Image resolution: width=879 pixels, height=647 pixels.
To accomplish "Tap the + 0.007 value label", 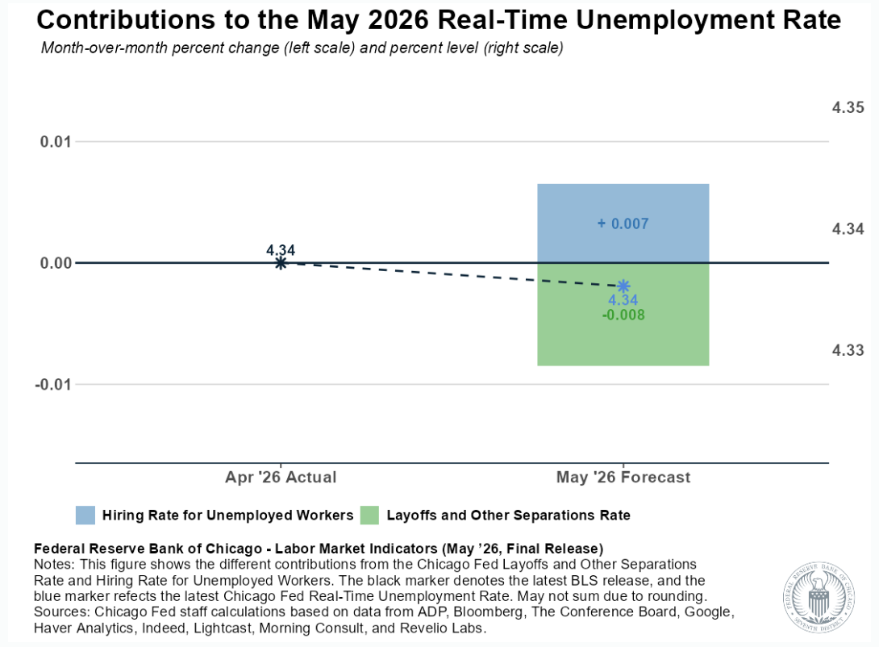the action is click(x=623, y=223).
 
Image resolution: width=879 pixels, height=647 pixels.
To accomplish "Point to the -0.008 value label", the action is click(x=623, y=315).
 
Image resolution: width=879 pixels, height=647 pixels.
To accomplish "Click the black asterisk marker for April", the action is click(x=281, y=262).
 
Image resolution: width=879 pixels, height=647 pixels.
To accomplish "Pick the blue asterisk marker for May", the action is click(x=623, y=286).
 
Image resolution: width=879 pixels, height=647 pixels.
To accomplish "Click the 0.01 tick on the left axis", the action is click(x=56, y=141).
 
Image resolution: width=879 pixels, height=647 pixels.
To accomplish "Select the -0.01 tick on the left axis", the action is click(x=52, y=385).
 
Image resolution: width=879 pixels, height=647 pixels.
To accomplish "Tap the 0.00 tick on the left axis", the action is click(x=56, y=263).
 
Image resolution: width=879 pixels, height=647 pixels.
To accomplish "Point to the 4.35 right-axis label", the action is click(x=848, y=107).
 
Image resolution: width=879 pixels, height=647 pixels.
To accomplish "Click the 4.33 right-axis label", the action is click(x=848, y=350).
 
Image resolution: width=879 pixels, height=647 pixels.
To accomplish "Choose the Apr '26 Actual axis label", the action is click(x=281, y=477).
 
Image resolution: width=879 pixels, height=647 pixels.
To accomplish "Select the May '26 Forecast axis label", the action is click(x=623, y=477).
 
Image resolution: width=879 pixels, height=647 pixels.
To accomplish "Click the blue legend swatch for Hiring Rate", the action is click(x=85, y=516).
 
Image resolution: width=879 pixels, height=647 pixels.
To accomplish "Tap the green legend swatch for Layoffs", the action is click(x=369, y=516).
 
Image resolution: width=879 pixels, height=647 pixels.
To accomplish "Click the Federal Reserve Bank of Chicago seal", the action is click(x=819, y=598).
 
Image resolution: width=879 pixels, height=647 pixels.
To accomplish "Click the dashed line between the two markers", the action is click(x=452, y=274).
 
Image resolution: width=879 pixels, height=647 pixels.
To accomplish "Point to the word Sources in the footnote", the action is click(x=60, y=612).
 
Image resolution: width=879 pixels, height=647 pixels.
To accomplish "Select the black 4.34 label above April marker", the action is click(x=281, y=250).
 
